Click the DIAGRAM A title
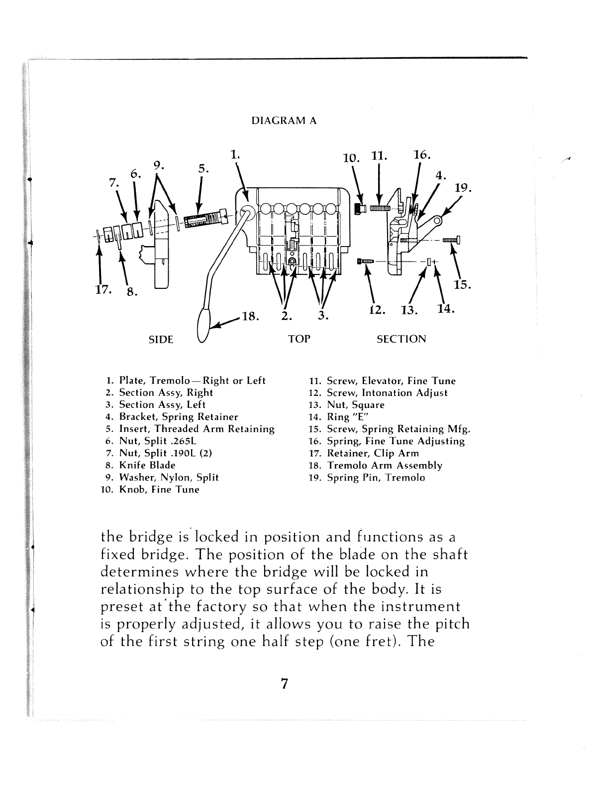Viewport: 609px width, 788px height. (284, 121)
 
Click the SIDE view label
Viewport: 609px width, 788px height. (161, 340)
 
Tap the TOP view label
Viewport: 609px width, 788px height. (299, 339)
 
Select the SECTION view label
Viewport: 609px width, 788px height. (402, 339)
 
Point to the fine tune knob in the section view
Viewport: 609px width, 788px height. (359, 208)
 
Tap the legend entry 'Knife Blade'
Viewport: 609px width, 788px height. (147, 465)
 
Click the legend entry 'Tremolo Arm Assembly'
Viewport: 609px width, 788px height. (384, 465)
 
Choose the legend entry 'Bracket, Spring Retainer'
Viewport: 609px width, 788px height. (179, 417)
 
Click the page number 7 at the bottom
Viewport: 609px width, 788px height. (284, 684)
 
